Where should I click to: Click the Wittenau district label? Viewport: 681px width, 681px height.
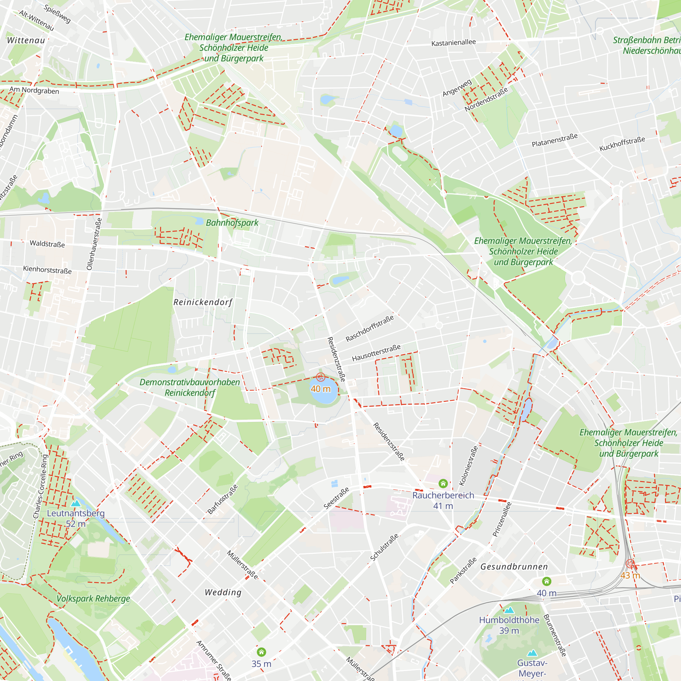26,41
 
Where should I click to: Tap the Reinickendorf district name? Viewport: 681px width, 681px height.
203,302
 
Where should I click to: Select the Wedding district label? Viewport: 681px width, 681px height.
223,592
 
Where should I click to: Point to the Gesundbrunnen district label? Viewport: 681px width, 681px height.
514,567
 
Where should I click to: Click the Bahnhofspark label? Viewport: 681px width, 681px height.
232,223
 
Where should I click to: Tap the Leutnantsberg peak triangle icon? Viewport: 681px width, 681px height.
76,503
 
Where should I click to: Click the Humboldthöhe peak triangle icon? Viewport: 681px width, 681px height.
509,610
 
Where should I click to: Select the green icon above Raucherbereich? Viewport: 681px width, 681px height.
443,483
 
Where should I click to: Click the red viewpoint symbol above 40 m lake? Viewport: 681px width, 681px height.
320,377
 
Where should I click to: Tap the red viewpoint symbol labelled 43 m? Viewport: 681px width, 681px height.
630,564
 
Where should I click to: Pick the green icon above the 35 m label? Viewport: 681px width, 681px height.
261,652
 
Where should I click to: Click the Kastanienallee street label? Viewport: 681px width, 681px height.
453,43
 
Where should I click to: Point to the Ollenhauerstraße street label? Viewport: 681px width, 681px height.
94,244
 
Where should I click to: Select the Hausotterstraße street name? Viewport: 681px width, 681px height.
376,353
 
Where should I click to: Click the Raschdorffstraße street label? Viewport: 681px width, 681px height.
369,329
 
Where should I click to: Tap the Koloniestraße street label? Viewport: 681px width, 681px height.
469,465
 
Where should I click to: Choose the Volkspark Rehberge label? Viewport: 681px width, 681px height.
93,599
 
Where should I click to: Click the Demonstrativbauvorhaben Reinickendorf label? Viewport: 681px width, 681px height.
190,387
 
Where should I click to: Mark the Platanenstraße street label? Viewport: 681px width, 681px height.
554,140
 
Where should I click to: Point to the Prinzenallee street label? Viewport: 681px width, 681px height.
502,519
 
